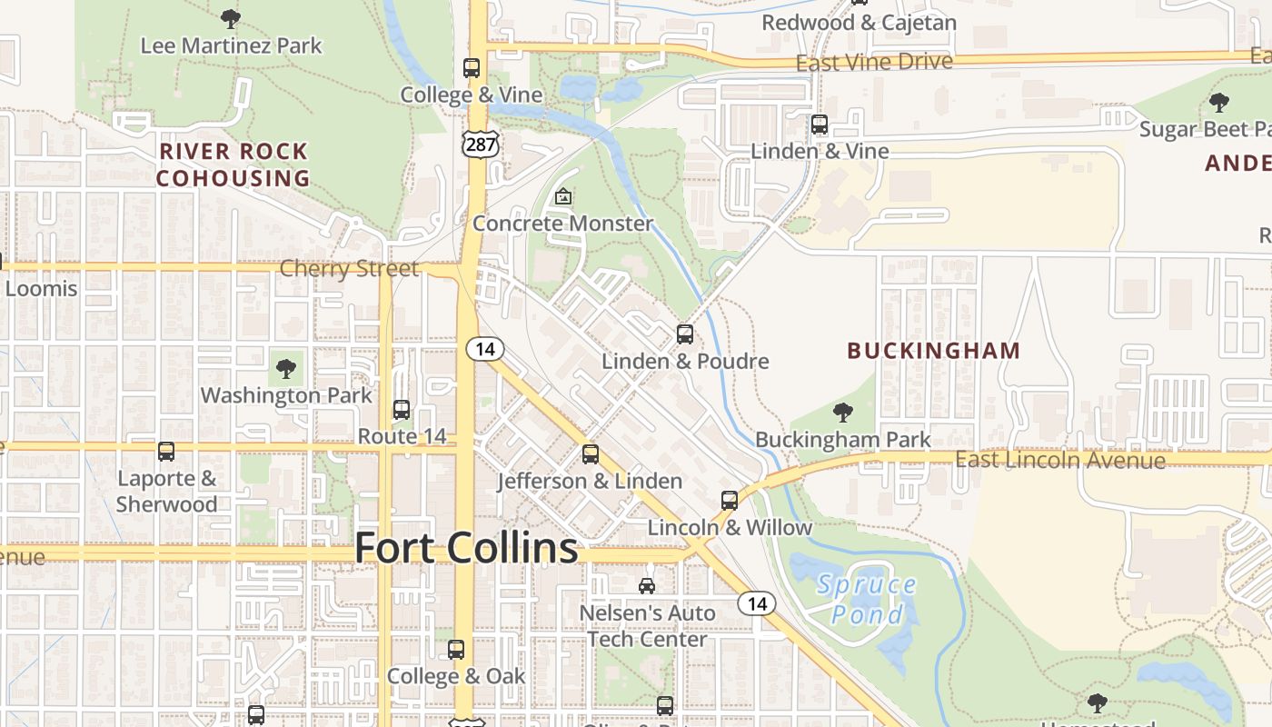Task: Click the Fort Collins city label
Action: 465,548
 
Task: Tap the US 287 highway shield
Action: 480,144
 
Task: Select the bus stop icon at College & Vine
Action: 472,68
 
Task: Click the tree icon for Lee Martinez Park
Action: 231,18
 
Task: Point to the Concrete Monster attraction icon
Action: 563,196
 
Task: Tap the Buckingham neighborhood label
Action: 933,350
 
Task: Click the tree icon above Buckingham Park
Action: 843,413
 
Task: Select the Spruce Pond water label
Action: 867,599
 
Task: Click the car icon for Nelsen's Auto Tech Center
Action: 647,586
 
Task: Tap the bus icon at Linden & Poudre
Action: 685,334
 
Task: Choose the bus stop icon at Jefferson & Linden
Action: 591,454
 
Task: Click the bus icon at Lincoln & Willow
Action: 730,501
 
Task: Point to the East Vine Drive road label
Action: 874,62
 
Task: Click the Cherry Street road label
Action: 349,268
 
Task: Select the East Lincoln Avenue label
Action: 1059,460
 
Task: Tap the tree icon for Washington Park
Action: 286,369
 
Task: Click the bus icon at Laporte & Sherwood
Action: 166,452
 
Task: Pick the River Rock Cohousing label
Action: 234,164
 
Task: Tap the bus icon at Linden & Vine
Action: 820,124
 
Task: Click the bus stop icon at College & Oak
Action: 456,650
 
